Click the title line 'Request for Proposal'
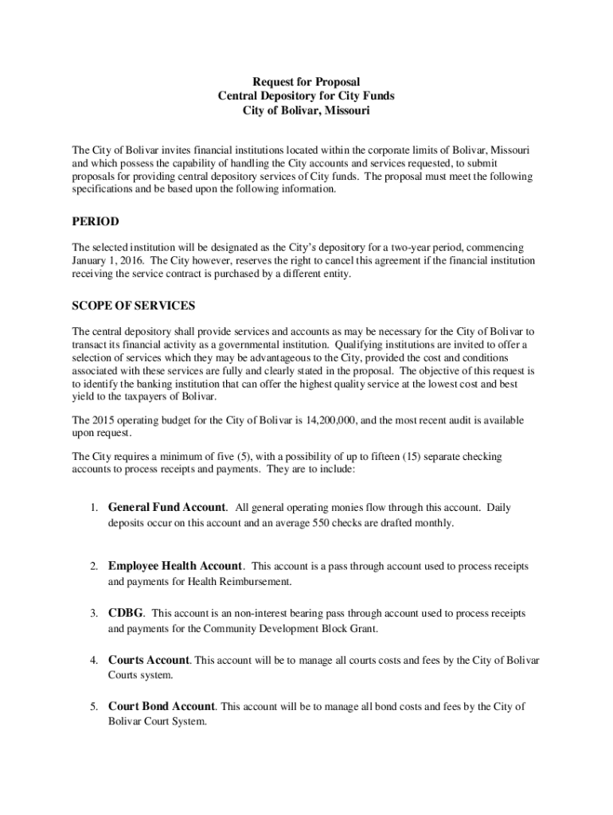point(306,82)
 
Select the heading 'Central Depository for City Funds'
point(306,96)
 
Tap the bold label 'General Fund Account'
point(166,507)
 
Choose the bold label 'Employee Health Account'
point(174,566)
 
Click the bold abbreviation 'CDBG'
point(126,614)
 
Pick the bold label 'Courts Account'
point(149,660)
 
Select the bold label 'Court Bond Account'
point(162,706)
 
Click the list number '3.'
point(93,614)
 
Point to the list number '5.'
point(93,707)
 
